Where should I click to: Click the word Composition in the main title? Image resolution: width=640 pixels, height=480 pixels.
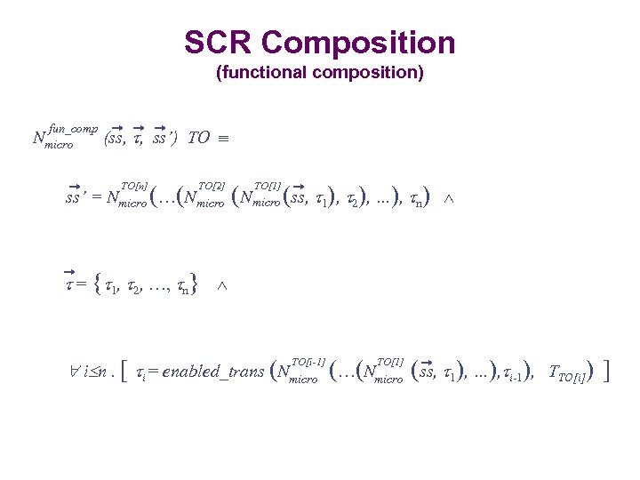coord(358,43)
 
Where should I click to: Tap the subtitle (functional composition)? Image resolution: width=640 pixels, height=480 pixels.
coord(320,73)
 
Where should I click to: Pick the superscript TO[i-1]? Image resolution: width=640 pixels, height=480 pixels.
coord(308,361)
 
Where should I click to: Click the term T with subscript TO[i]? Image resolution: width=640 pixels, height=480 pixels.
coord(565,372)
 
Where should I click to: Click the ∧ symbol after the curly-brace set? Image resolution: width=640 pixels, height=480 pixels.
coord(222,285)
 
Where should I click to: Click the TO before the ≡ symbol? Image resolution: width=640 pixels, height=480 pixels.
coord(199,138)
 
